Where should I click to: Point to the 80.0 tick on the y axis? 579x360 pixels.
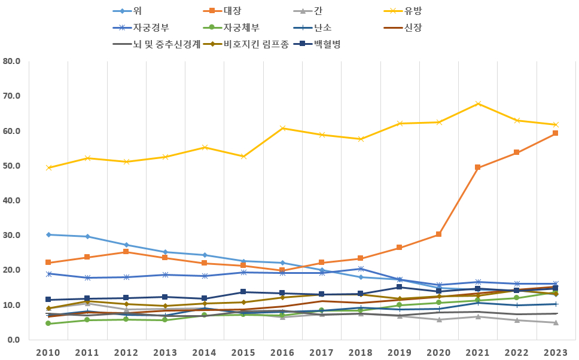11,61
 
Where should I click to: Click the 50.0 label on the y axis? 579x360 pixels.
11,166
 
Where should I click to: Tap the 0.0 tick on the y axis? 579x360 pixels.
14,340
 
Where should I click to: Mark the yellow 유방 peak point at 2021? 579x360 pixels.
477,103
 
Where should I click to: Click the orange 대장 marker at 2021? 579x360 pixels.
477,167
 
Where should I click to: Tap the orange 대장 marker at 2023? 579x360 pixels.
555,133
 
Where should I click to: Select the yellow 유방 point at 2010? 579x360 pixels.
48,167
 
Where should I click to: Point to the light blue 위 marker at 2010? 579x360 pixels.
48,234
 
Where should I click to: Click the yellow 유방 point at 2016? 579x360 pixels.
282,128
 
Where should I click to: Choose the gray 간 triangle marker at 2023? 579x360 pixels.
555,322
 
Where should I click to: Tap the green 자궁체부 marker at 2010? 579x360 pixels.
48,324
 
